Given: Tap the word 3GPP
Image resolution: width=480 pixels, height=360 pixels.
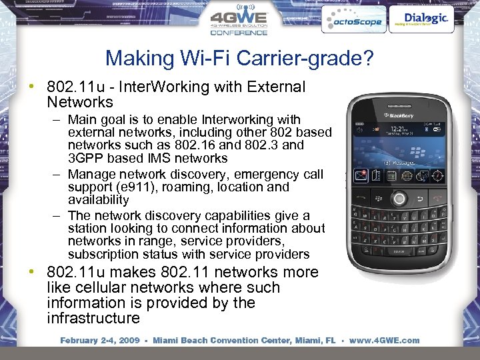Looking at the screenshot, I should (x=85, y=158).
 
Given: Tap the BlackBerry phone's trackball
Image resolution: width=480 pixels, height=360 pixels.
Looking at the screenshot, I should (x=399, y=198).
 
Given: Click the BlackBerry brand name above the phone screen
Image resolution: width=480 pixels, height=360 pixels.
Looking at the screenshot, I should (x=399, y=116).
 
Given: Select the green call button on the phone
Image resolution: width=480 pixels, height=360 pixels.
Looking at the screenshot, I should (x=363, y=197).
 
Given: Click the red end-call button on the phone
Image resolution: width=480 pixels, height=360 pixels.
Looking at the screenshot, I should (x=436, y=197).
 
